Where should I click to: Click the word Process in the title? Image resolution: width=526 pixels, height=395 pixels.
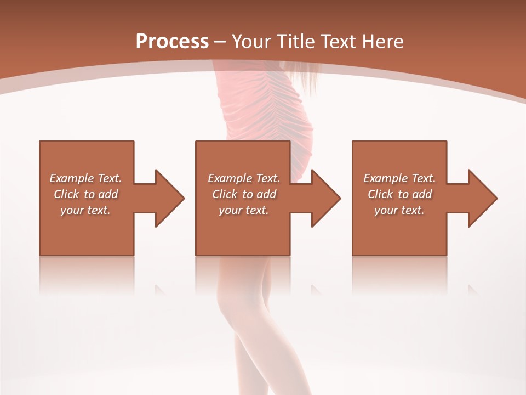172,42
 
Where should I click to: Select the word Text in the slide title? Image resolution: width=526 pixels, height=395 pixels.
335,42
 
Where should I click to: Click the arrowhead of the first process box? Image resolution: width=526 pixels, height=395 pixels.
170,198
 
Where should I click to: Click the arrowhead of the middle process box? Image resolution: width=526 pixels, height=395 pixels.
326,198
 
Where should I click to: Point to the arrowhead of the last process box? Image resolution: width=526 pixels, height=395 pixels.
483,198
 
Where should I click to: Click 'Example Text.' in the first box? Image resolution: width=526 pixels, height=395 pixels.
85,178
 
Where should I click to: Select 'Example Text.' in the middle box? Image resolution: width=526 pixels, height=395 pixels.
244,178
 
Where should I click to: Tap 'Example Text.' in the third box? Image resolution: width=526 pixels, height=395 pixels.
399,178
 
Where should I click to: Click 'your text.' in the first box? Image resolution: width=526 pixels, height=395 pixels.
85,210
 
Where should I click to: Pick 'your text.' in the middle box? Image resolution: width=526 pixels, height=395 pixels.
244,210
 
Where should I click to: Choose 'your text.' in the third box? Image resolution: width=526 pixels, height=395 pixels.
399,210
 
